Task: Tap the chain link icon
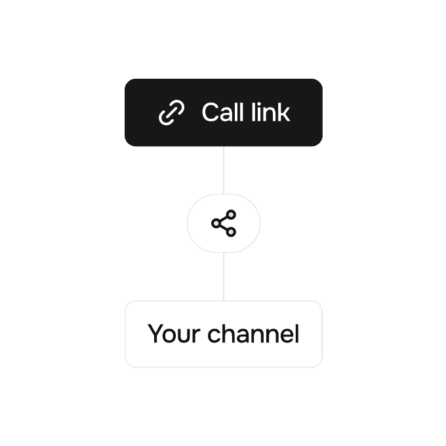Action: point(172,113)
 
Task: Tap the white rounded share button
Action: point(223,224)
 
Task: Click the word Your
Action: point(174,334)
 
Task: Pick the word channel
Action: point(253,334)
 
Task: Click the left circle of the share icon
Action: point(216,224)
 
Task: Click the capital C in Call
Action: point(211,112)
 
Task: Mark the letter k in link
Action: point(283,112)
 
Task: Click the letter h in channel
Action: point(229,334)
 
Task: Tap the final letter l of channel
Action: point(296,334)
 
